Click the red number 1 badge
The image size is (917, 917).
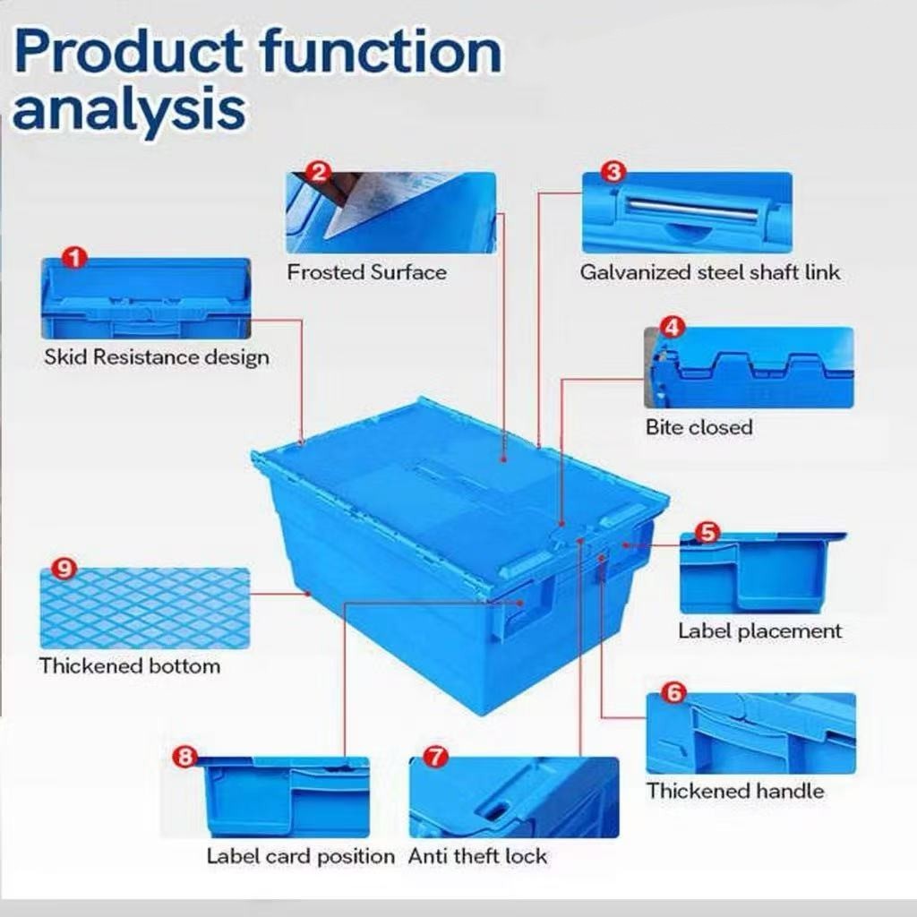point(75,257)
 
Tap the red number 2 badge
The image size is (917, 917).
point(318,173)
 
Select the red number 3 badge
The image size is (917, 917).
point(613,172)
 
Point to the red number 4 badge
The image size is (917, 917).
point(673,327)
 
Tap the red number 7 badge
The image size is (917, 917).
point(436,757)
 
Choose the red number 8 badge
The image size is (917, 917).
point(185,757)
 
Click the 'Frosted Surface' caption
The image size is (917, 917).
point(366,272)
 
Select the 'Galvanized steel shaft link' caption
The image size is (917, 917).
point(710,272)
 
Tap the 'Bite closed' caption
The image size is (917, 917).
point(698,427)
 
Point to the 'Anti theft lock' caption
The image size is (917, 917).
point(477,856)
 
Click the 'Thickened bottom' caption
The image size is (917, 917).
point(130,666)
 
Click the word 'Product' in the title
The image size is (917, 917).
point(127,54)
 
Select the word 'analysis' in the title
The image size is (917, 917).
point(129,110)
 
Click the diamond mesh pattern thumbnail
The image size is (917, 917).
point(144,608)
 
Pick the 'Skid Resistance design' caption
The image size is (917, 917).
point(157,357)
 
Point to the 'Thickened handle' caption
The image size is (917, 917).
point(735,791)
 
